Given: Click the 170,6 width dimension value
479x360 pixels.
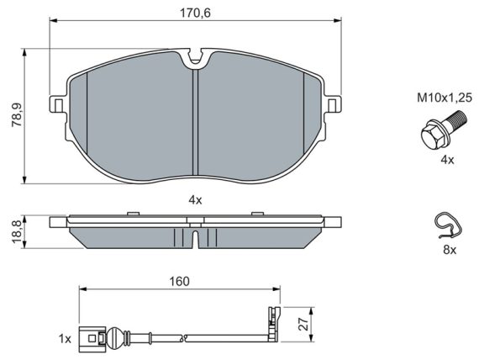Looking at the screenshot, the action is pyautogui.click(x=195, y=13).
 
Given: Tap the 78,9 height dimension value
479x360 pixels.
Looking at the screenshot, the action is pyautogui.click(x=17, y=115).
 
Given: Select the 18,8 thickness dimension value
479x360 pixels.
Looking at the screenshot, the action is pyautogui.click(x=17, y=232).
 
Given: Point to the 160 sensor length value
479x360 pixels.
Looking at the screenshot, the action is pyautogui.click(x=180, y=281).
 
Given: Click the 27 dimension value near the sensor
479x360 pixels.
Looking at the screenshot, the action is pyautogui.click(x=304, y=324).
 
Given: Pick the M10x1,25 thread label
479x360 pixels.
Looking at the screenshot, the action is pyautogui.click(x=445, y=98).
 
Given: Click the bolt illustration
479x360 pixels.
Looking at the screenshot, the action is pyautogui.click(x=443, y=130).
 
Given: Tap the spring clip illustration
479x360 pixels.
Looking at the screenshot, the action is pyautogui.click(x=448, y=225).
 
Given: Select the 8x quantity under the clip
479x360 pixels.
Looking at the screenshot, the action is pyautogui.click(x=450, y=250).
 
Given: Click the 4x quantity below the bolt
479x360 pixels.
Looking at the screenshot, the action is pyautogui.click(x=447, y=160).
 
